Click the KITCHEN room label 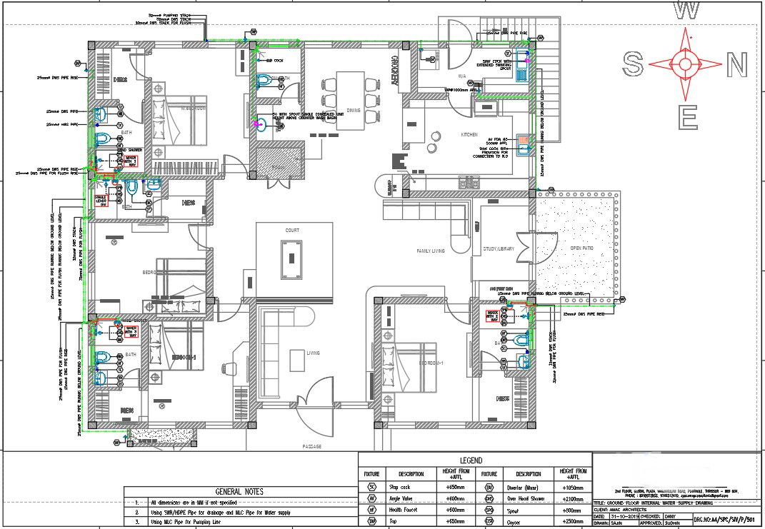pos(469,134)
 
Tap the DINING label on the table pos(354,110)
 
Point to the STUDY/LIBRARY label pos(499,249)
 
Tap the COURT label pos(292,231)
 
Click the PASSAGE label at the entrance pos(311,446)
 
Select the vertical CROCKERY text pos(393,71)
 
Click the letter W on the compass pos(686,10)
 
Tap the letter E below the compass pos(687,118)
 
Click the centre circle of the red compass pos(685,64)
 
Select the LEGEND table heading pos(471,460)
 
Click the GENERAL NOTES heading pos(239,491)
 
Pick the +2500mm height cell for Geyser pos(574,522)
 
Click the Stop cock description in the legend pos(411,486)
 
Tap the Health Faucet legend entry pos(411,510)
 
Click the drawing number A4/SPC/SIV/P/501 pos(729,521)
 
